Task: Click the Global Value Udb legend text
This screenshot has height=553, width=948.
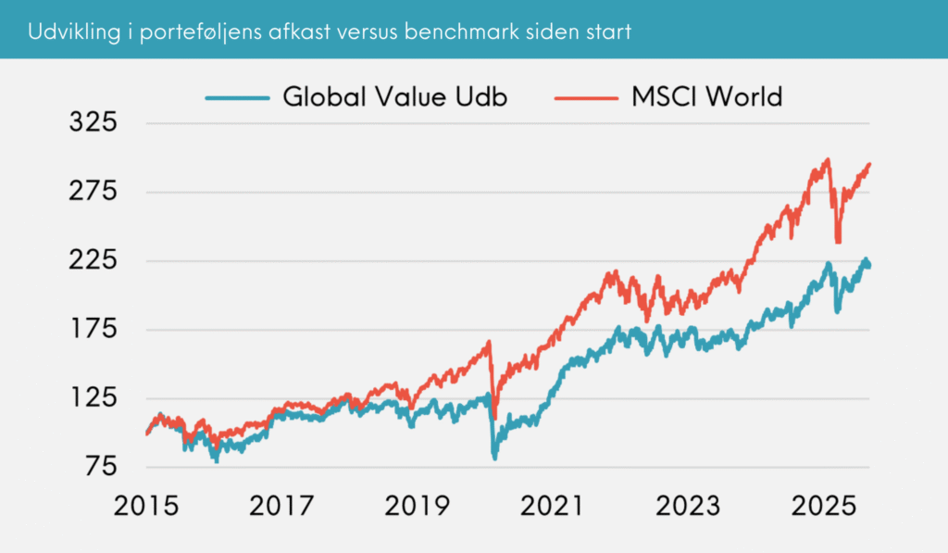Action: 395,96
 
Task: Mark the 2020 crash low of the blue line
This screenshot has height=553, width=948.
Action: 494,457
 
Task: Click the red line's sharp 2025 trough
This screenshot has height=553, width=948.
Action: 838,242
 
